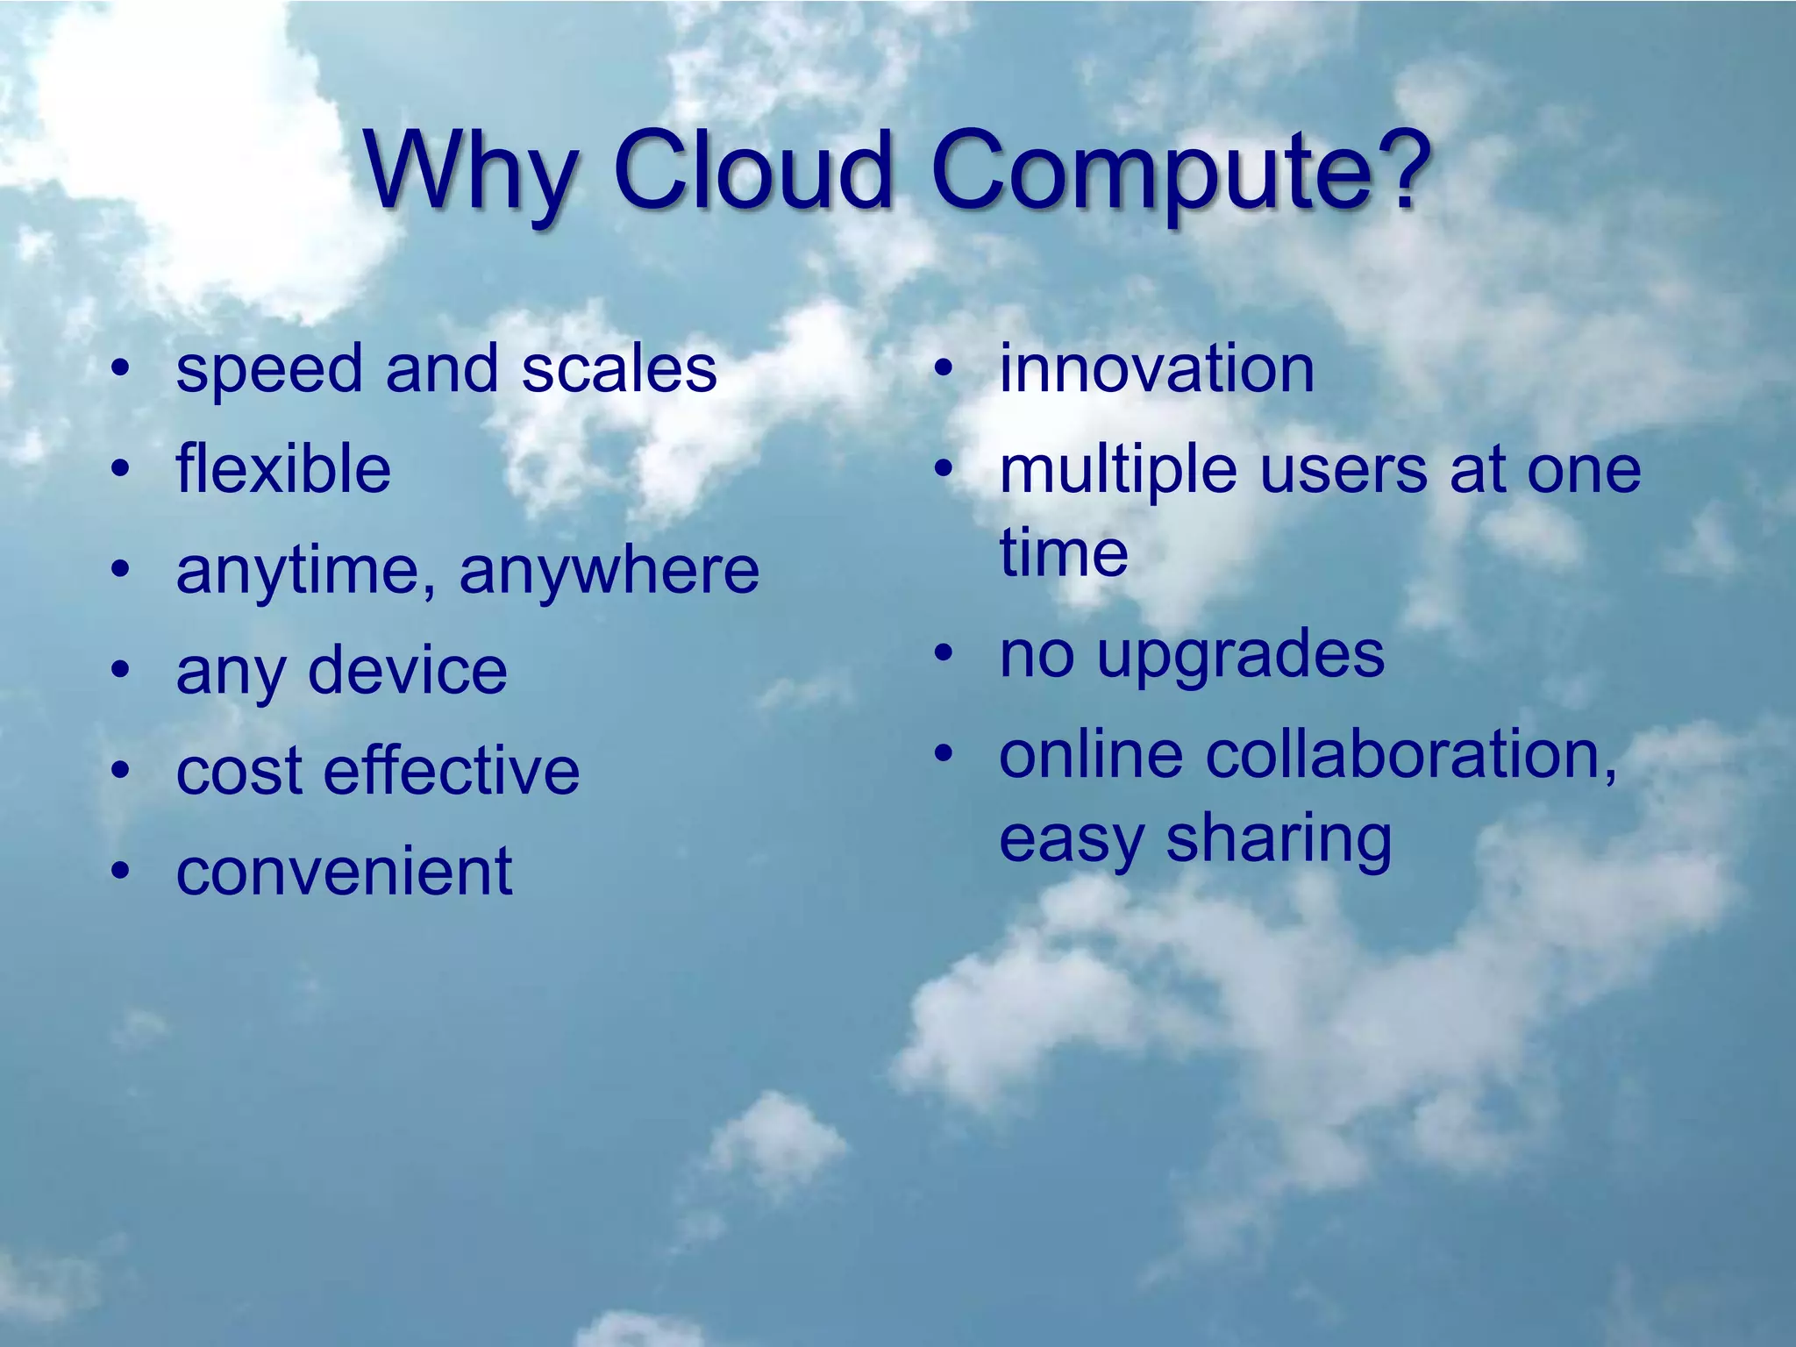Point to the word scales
tap(619, 368)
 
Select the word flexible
tap(282, 469)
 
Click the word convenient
tap(344, 872)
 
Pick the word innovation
tap(1157, 368)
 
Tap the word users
tap(1343, 470)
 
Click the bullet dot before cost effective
tap(121, 771)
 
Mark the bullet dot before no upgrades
tap(944, 653)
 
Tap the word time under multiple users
tap(1063, 552)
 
